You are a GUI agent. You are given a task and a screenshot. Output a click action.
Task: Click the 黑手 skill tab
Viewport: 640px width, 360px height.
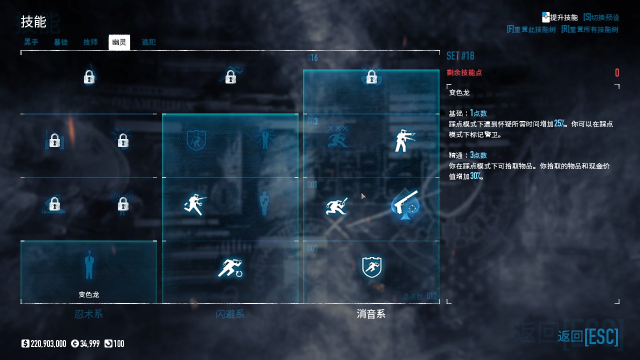[31, 42]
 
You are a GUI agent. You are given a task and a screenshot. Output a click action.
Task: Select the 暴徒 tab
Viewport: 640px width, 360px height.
[61, 42]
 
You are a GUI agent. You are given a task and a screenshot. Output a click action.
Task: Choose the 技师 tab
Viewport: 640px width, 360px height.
[90, 42]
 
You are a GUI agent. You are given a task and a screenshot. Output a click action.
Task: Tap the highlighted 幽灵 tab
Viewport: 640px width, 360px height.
[119, 42]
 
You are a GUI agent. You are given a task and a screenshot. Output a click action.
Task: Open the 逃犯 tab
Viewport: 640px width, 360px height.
[148, 42]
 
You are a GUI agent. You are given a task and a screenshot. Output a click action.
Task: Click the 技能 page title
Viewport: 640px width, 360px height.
[33, 22]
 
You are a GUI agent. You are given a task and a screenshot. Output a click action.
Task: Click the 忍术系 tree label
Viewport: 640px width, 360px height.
[88, 314]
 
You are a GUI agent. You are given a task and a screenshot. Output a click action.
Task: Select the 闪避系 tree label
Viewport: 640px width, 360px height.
[230, 314]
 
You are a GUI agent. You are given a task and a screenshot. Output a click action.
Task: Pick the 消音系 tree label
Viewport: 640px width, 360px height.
[371, 314]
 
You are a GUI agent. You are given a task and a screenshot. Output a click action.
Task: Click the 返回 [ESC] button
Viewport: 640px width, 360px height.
[588, 336]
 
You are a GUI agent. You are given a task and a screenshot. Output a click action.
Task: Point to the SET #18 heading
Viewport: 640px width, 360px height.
[460, 55]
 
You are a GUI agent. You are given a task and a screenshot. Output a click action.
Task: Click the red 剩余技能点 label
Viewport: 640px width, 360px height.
[464, 73]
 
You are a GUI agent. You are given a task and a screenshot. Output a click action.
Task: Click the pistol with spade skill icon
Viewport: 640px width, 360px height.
[405, 204]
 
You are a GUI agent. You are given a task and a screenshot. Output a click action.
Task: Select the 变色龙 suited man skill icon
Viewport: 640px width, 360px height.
[89, 265]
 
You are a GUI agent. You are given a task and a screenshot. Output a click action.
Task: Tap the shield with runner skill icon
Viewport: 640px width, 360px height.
[371, 267]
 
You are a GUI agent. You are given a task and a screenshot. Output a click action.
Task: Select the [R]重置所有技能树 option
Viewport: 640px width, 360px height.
[590, 29]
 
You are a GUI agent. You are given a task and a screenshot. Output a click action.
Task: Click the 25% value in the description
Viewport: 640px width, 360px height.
[560, 123]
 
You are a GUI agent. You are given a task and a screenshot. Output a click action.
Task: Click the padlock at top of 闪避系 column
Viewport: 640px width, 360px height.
[230, 76]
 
